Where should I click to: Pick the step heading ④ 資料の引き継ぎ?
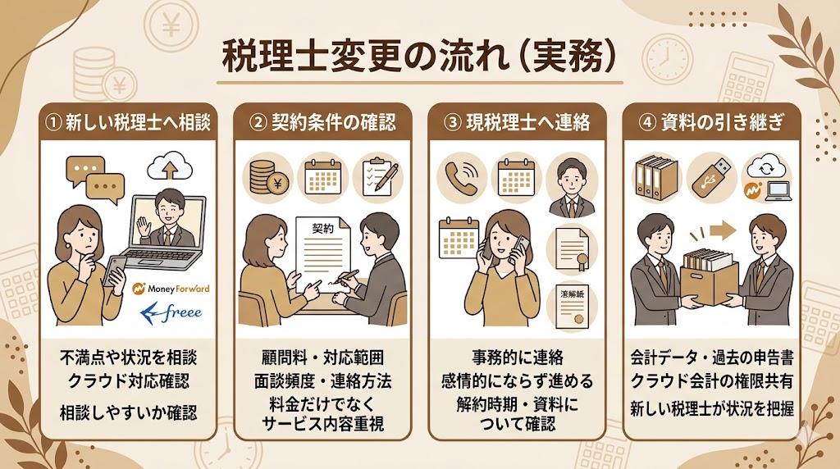[x=710, y=123]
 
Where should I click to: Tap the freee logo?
[x=171, y=312]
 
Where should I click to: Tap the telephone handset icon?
[x=459, y=177]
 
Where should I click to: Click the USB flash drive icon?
[x=710, y=175]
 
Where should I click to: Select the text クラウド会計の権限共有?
[x=710, y=381]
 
